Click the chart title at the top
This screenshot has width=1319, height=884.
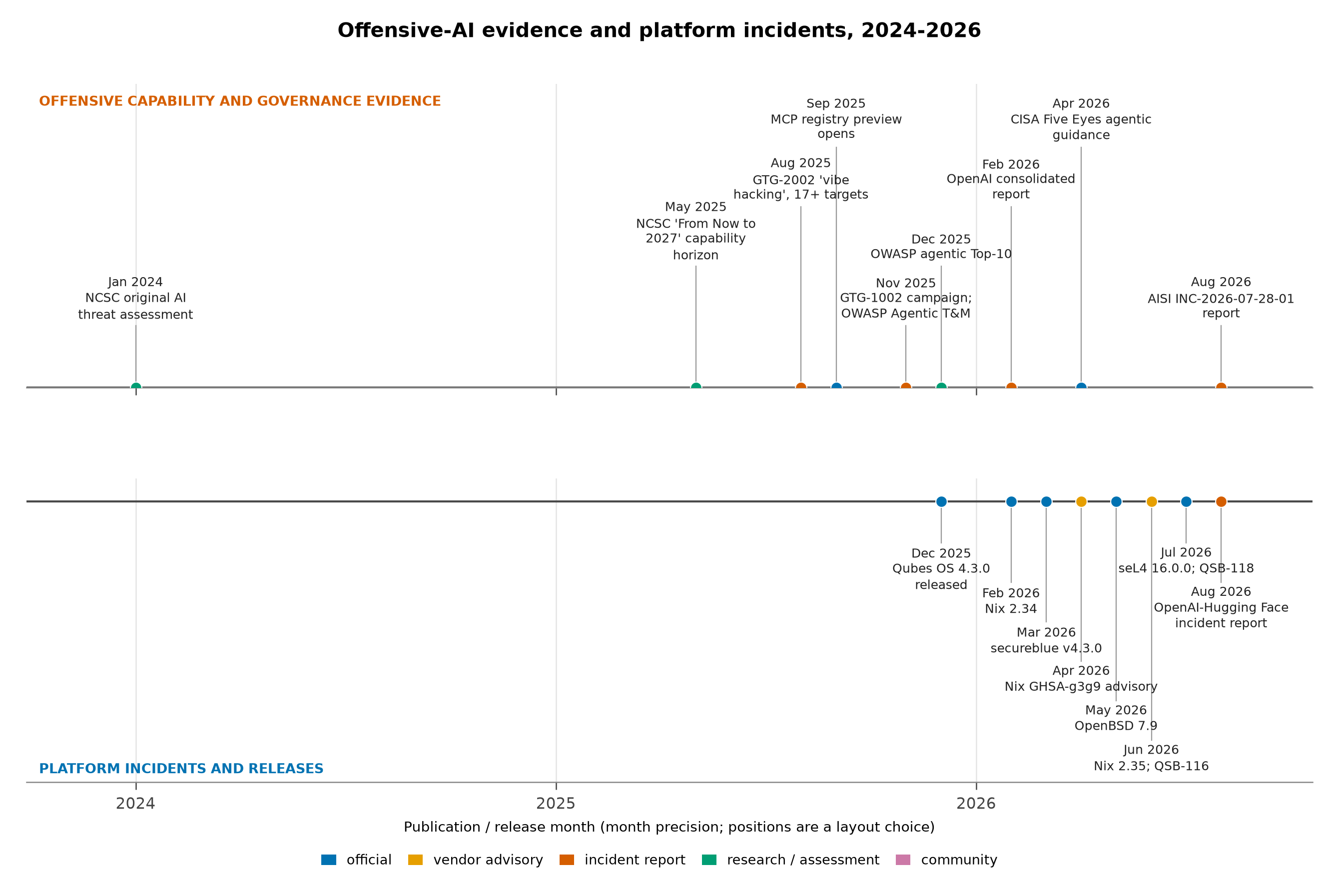click(x=659, y=30)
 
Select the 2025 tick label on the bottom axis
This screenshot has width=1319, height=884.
click(x=556, y=804)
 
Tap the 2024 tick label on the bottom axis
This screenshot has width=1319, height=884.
click(x=135, y=804)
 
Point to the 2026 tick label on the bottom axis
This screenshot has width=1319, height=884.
click(x=976, y=804)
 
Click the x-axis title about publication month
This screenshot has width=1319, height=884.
click(x=669, y=828)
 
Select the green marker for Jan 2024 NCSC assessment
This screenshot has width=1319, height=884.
click(x=136, y=388)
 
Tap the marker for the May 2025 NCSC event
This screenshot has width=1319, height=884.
click(x=696, y=388)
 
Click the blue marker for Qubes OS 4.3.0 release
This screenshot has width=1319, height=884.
click(x=941, y=502)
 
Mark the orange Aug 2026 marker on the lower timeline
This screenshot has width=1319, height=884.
click(x=1221, y=502)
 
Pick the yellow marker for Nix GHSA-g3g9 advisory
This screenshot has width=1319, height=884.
click(x=1081, y=502)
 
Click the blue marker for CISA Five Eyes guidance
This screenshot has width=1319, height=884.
click(x=1081, y=388)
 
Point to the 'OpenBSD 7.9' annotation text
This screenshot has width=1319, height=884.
click(x=1116, y=726)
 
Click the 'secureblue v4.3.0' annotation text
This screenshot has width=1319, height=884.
click(x=1046, y=648)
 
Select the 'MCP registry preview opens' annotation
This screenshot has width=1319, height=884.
click(x=836, y=127)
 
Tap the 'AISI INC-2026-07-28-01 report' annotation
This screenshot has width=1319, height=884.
click(x=1221, y=306)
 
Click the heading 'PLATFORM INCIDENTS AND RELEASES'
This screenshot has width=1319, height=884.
click(x=181, y=769)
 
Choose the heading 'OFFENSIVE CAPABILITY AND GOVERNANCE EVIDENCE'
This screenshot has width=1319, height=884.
click(x=240, y=101)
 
